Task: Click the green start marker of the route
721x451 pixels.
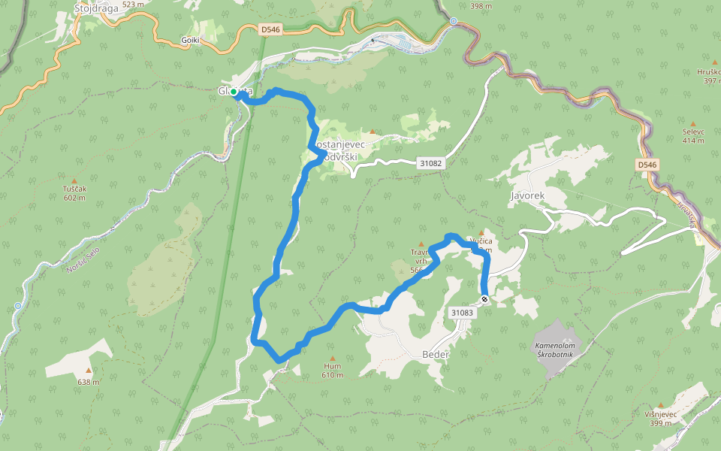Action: (x=234, y=92)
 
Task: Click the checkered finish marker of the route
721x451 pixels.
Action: (x=485, y=300)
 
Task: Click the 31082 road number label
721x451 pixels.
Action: (x=430, y=162)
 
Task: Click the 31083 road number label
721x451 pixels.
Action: (x=462, y=312)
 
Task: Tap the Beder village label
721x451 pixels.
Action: (x=436, y=354)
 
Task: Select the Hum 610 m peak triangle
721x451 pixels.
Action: (x=332, y=359)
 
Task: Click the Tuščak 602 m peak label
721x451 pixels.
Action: (x=74, y=193)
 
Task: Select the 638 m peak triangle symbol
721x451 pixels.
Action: (x=88, y=370)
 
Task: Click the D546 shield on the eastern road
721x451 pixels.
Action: (x=646, y=164)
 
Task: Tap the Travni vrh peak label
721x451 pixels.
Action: (x=419, y=256)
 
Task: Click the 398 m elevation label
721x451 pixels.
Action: (x=481, y=6)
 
